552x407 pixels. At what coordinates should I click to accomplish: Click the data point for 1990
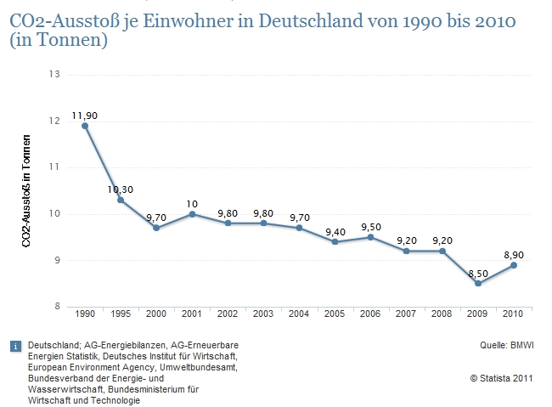tap(85, 126)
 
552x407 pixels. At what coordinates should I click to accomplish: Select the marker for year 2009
tap(478, 283)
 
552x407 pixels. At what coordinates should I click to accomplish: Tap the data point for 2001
tap(192, 214)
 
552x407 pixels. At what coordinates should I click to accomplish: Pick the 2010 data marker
tap(514, 265)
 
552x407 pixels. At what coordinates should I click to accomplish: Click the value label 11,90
tap(85, 114)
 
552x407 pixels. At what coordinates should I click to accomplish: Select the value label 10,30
tap(121, 189)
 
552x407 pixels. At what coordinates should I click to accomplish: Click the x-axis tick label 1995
tap(121, 314)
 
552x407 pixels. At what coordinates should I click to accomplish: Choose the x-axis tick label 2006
tap(370, 314)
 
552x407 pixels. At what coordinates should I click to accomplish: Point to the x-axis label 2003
tap(263, 314)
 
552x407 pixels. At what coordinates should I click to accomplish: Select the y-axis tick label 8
tap(58, 307)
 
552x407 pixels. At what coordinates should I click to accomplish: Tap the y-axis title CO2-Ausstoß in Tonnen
tap(28, 191)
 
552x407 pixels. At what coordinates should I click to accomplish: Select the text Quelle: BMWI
tap(506, 345)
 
